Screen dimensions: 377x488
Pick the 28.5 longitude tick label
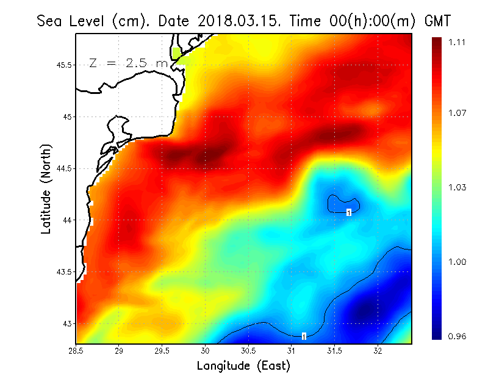76,351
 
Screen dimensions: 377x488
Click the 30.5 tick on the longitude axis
248,351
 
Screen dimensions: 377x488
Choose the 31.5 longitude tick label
334,351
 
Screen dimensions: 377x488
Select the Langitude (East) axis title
243,366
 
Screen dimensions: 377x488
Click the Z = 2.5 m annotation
128,63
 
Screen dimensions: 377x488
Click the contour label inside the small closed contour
348,212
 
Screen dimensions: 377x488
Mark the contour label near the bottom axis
303,336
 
